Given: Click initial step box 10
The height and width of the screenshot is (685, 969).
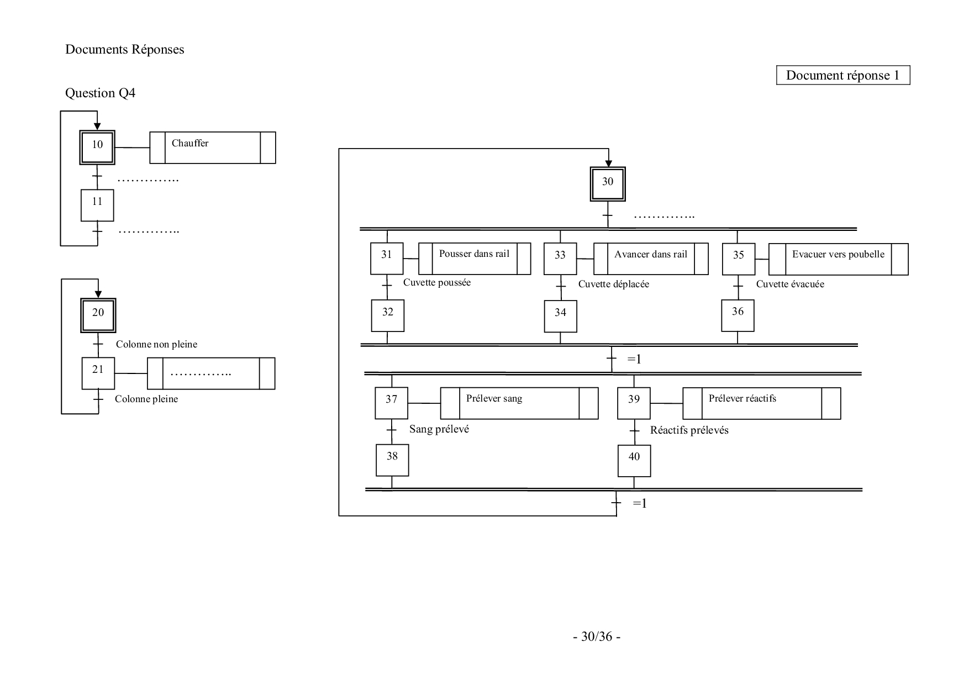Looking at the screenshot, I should tap(97, 147).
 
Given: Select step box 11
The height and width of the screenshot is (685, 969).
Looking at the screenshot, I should tap(97, 205).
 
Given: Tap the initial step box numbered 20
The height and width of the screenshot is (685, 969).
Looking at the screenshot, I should tap(98, 315).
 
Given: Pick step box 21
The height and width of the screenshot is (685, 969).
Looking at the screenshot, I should tap(98, 373).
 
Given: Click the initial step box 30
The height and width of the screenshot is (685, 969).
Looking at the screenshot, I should tap(608, 185).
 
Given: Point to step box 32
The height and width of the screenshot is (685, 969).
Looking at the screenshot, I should tap(388, 315).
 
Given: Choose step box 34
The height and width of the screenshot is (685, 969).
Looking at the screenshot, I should tap(561, 316).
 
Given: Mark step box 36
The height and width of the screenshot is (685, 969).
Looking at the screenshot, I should tap(738, 315).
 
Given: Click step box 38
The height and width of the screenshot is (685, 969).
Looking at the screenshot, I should tap(392, 460).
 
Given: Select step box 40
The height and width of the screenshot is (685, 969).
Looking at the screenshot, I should tap(634, 460).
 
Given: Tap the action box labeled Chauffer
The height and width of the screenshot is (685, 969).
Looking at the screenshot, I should tap(213, 147).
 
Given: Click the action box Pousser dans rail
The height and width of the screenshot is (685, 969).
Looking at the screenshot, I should tap(475, 259).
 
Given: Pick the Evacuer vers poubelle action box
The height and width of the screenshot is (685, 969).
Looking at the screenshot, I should tap(838, 259).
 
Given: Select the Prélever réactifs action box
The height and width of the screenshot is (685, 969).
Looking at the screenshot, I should tap(761, 403).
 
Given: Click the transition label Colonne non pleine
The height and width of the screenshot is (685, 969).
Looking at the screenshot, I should tap(156, 344).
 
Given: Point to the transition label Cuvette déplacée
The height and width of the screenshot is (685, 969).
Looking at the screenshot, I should tap(613, 284).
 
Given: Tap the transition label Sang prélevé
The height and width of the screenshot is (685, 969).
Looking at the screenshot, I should tap(439, 429).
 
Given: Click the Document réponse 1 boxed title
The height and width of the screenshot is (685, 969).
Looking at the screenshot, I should tap(842, 76).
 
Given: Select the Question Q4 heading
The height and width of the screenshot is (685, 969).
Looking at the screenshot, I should tap(100, 93).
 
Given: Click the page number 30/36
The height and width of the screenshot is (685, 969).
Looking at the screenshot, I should tap(596, 636).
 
